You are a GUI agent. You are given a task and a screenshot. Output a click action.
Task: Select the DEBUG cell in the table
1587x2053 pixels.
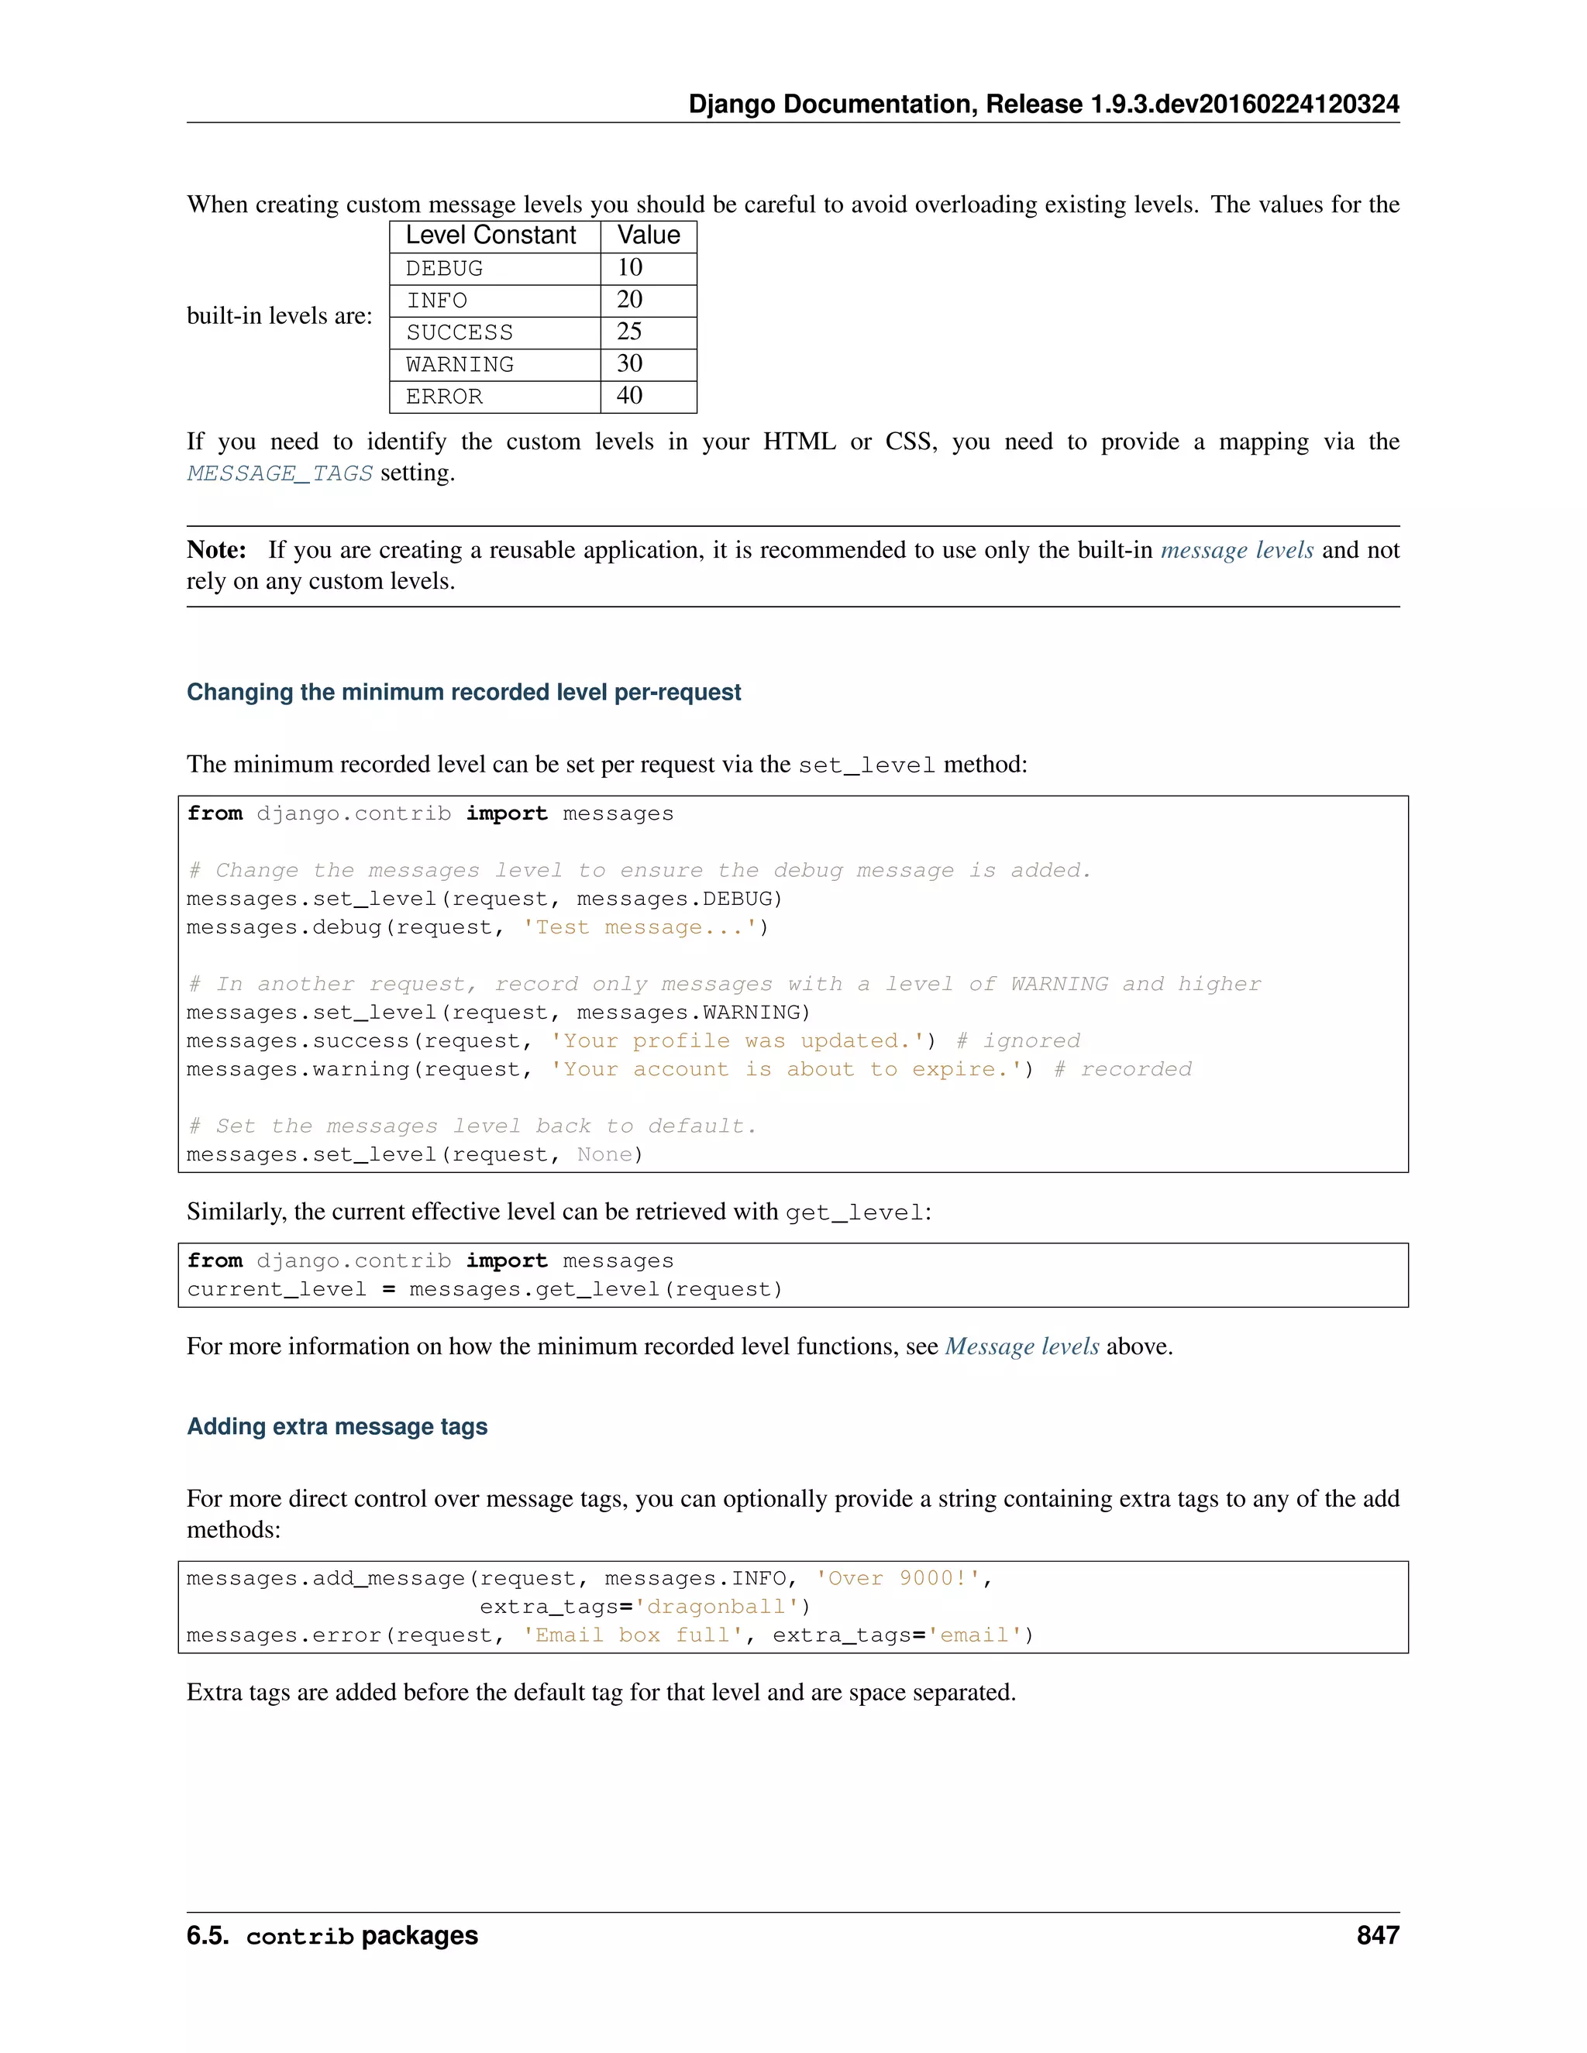coord(444,269)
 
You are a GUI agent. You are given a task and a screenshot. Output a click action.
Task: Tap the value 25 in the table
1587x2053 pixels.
coord(629,332)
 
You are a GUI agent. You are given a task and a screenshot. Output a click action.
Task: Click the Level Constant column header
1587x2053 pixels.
coord(491,236)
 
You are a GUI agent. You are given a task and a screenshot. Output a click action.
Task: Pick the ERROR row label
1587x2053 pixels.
coord(444,397)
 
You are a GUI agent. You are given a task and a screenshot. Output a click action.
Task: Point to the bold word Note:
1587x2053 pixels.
coord(216,550)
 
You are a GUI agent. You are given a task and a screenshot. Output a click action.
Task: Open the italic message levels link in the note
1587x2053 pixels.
coord(1236,550)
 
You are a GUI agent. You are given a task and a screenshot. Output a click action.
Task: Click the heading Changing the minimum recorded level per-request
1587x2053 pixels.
coord(463,693)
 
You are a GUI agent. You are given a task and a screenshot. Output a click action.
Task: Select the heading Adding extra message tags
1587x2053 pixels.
coord(336,1427)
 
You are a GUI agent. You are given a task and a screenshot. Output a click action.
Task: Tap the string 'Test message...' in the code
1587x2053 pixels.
coord(639,928)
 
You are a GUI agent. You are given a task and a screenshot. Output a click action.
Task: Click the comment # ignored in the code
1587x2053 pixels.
coord(1018,1041)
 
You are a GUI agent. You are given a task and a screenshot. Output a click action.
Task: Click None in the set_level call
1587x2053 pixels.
coord(604,1155)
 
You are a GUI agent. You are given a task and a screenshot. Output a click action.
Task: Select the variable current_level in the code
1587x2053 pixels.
coord(277,1290)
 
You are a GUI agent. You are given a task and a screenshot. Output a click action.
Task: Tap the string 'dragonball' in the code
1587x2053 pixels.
coord(717,1608)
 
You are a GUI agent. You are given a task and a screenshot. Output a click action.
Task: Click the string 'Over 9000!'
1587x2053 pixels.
coord(899,1579)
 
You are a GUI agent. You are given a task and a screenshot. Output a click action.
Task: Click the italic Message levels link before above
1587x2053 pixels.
coord(1021,1347)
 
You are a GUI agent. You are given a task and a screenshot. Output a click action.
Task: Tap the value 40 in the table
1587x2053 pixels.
coord(629,396)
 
